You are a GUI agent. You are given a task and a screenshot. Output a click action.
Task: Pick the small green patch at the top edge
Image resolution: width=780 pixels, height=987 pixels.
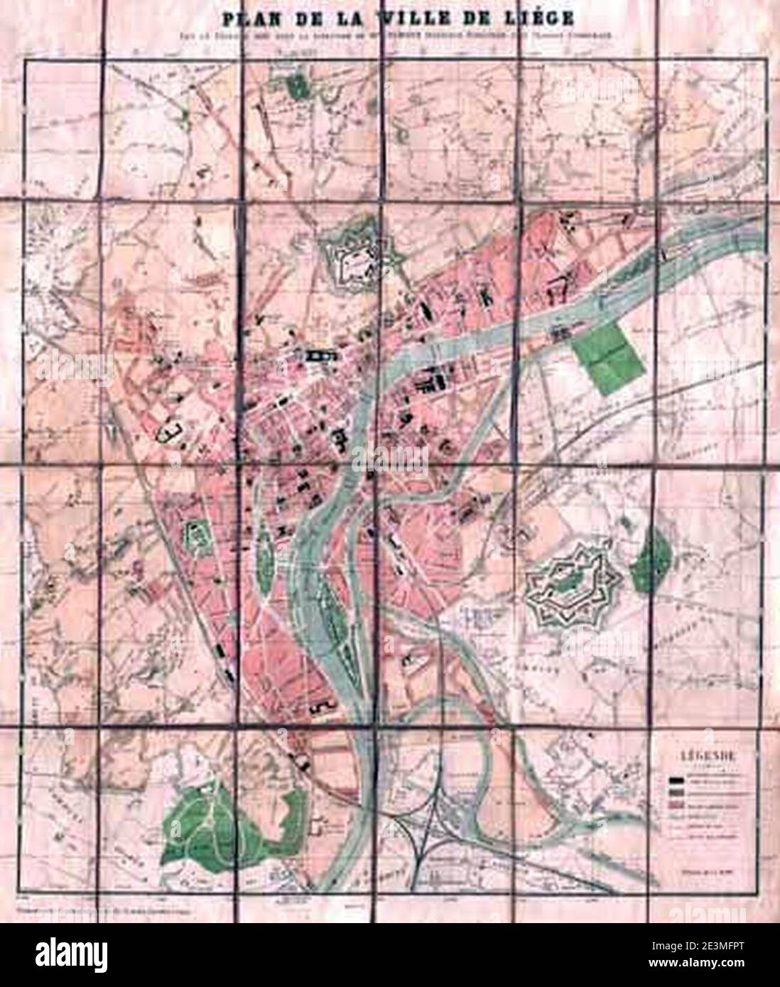(x=298, y=86)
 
